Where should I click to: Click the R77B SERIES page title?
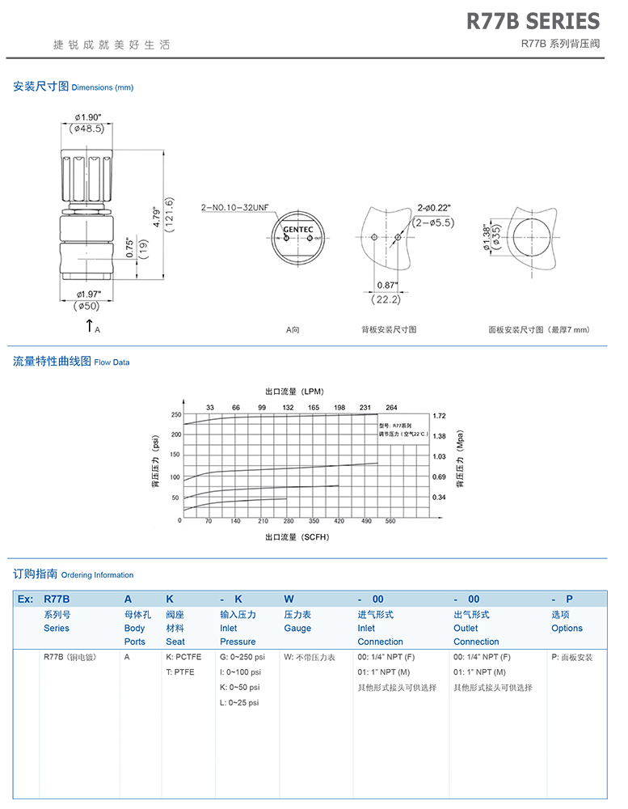pyautogui.click(x=533, y=21)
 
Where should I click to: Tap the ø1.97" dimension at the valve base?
pyautogui.click(x=88, y=294)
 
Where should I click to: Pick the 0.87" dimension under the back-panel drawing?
pyautogui.click(x=386, y=286)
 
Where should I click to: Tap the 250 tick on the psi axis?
pyautogui.click(x=175, y=414)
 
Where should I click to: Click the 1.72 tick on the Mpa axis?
pyautogui.click(x=440, y=415)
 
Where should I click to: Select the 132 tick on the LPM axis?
pyautogui.click(x=288, y=407)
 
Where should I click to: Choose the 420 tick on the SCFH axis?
pyautogui.click(x=339, y=522)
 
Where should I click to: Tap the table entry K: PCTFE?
pyautogui.click(x=183, y=657)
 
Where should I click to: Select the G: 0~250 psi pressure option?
pyautogui.click(x=242, y=657)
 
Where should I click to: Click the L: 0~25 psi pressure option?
pyautogui.click(x=239, y=703)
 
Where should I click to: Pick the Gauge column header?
pyautogui.click(x=297, y=629)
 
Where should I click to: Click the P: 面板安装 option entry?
pyautogui.click(x=572, y=657)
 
